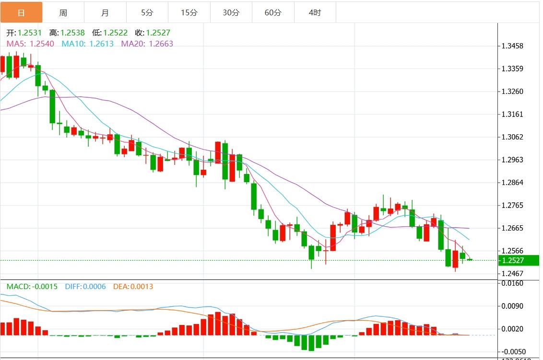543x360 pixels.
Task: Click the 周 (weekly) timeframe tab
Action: [63, 12]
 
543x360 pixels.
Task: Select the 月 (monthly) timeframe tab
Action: [106, 12]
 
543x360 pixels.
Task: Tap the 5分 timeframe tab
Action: [147, 12]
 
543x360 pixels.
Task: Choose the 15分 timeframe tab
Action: [189, 12]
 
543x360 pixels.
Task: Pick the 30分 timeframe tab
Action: [231, 12]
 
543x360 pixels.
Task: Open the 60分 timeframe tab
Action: [273, 12]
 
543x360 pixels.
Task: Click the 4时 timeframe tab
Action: [315, 12]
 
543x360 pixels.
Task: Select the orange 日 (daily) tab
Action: [21, 12]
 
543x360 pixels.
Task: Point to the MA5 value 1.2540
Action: [42, 44]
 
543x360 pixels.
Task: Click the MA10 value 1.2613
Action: [101, 44]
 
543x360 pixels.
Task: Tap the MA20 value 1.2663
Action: [161, 44]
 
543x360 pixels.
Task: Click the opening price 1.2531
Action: [30, 33]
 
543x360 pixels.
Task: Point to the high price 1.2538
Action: [72, 33]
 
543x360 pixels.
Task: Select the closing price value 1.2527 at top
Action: [158, 33]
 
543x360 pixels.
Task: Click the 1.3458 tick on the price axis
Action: [512, 46]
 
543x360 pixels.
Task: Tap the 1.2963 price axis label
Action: [512, 160]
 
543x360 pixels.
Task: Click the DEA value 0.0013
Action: [140, 287]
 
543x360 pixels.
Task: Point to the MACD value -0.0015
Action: [44, 287]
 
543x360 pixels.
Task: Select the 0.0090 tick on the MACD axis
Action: [512, 306]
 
